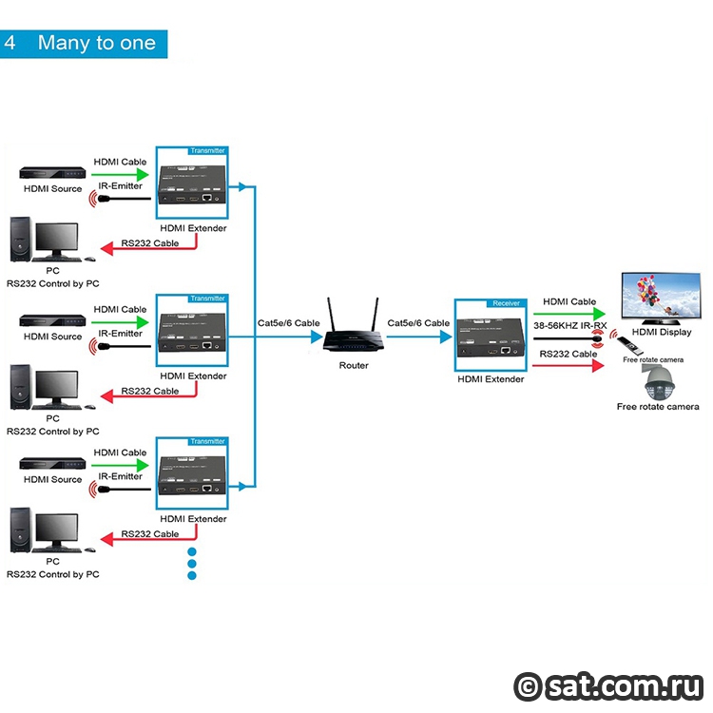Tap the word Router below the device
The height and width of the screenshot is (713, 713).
(x=354, y=365)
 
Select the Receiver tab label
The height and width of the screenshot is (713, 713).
(x=505, y=302)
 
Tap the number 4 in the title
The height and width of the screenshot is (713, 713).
(x=10, y=44)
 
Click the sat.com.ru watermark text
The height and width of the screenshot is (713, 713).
(x=622, y=684)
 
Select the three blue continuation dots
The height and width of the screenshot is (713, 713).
(x=191, y=563)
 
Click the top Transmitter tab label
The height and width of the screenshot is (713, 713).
(x=208, y=150)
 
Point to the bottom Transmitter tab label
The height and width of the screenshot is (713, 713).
(x=208, y=441)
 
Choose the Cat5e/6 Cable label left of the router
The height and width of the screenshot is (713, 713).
(x=288, y=323)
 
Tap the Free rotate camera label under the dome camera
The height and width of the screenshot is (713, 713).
(x=657, y=407)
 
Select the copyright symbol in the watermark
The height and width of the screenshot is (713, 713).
(x=528, y=685)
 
